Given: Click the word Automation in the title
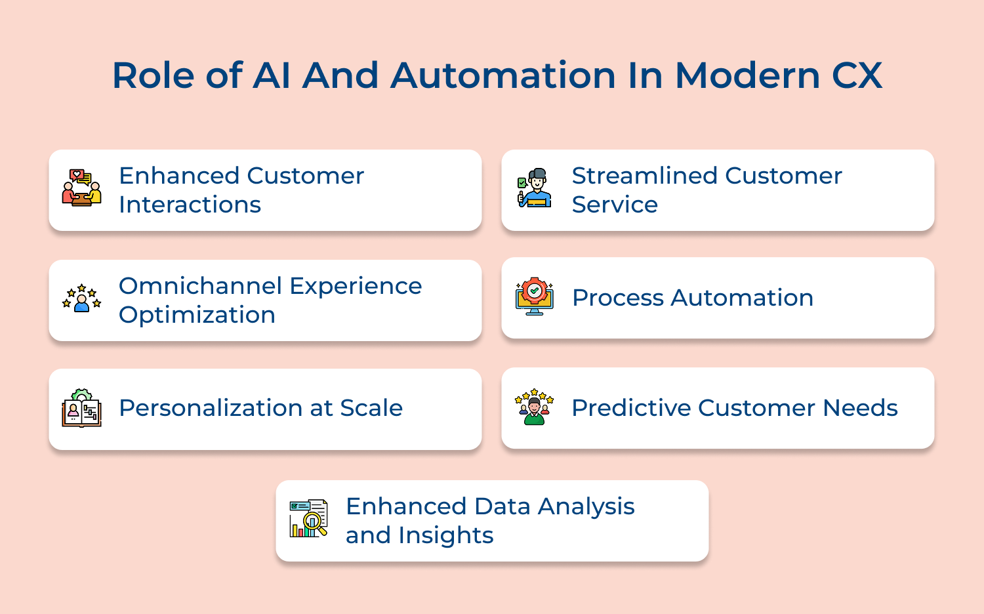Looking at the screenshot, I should point(503,75).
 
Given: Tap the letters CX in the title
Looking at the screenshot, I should point(857,75).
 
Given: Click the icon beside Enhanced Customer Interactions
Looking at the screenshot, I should point(82,188).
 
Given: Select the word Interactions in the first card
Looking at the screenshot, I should point(190,205).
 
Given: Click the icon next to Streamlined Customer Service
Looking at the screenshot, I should point(535,188).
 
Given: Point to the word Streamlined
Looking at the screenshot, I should point(644,176).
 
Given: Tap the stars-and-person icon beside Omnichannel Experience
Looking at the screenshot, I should point(82,298).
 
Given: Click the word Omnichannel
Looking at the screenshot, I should point(200,286).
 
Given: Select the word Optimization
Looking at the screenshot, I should point(197,315).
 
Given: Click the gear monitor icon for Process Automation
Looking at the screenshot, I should point(535,296).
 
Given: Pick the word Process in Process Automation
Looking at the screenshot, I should point(618,298).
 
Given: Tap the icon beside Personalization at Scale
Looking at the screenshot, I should point(82,408).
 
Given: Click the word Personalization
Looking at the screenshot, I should point(211,408).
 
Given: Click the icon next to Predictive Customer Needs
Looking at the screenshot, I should point(535,407).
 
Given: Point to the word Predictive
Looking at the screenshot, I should point(630,408).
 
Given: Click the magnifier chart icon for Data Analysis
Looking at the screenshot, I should point(308,518).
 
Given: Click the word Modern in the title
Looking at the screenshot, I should point(747,75).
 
